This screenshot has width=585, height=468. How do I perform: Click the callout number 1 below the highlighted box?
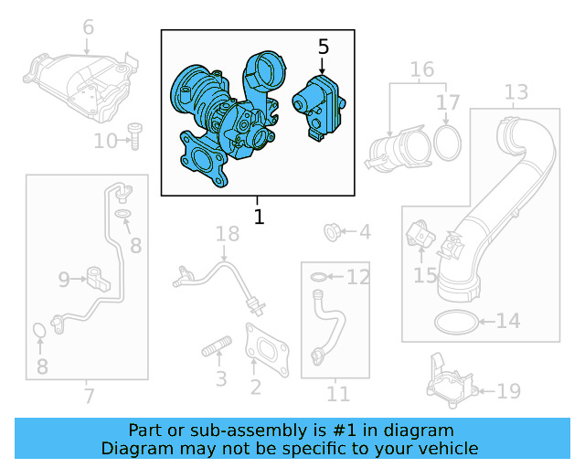[x=259, y=218]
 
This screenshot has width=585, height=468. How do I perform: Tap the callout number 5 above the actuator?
[x=323, y=45]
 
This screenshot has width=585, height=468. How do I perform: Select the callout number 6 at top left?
[x=88, y=27]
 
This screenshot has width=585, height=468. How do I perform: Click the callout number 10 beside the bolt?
[x=106, y=141]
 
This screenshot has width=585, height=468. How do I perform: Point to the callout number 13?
[x=516, y=92]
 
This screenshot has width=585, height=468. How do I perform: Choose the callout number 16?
[x=421, y=69]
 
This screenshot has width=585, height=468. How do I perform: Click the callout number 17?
[x=448, y=101]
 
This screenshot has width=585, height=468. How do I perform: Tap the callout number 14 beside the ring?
[x=507, y=321]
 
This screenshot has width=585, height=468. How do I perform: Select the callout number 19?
[x=508, y=391]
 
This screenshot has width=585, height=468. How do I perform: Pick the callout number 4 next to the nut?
[x=365, y=232]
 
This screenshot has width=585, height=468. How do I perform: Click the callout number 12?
[x=358, y=276]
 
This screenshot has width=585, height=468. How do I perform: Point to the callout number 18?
[x=227, y=235]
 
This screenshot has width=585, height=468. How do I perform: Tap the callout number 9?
[x=64, y=278]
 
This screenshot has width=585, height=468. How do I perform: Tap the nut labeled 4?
[x=334, y=232]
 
